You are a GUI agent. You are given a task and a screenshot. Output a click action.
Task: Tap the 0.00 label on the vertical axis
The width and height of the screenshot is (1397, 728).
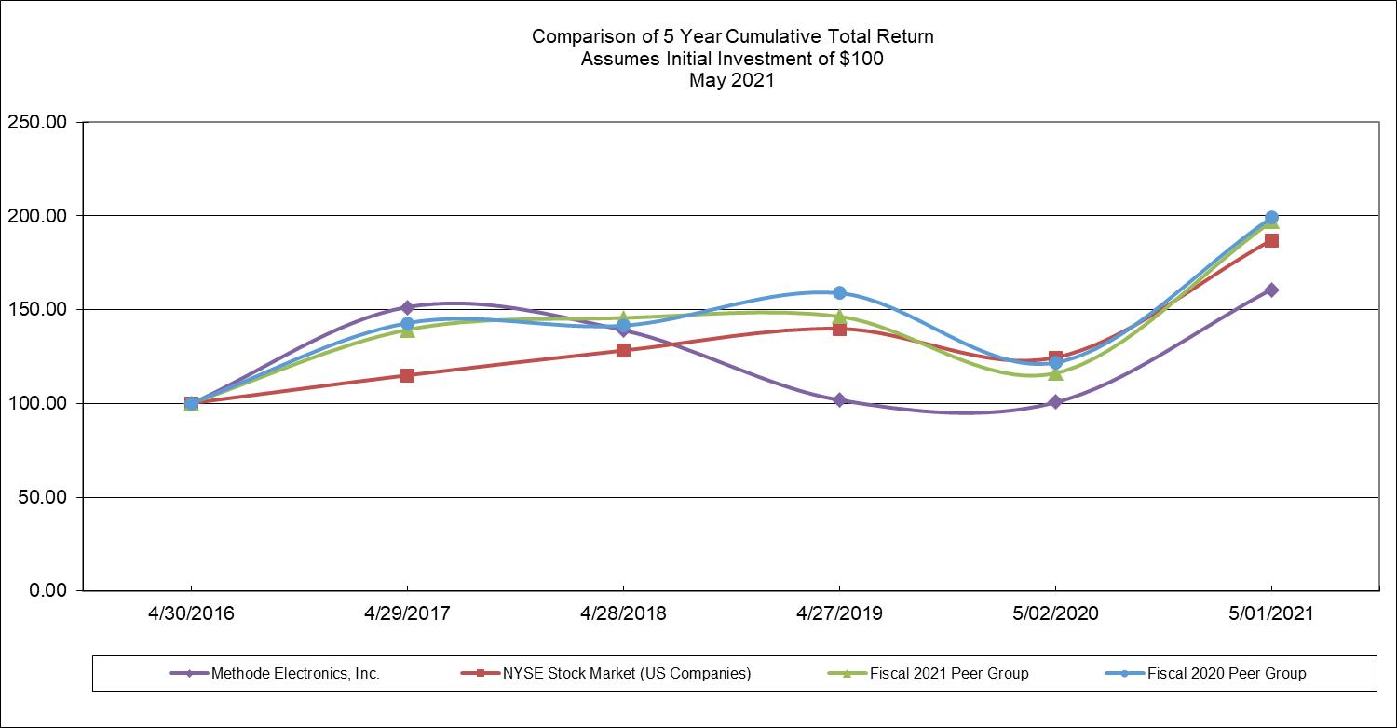47,590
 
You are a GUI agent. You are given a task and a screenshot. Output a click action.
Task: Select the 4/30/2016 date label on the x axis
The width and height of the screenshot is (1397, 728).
191,613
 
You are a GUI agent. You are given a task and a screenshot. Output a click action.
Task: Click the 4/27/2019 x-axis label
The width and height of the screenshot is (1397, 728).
839,613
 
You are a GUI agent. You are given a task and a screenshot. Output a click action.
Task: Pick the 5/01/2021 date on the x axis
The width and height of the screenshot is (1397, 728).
1271,613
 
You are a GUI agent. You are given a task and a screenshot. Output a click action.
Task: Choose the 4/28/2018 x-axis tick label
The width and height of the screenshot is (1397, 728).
623,613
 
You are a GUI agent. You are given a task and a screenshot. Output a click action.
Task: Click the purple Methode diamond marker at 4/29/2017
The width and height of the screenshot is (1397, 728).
407,306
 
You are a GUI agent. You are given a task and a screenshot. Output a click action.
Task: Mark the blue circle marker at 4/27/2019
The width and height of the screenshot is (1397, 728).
839,292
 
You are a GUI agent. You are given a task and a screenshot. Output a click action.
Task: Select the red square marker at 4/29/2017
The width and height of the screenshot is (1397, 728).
407,375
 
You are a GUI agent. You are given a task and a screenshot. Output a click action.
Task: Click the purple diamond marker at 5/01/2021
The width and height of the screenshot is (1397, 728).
1271,290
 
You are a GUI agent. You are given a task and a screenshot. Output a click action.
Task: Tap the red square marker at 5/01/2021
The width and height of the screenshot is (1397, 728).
1271,240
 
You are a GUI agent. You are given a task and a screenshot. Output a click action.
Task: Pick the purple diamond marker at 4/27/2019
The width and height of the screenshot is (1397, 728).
839,400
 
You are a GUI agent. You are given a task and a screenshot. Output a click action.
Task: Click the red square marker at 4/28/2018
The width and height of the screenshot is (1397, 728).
623,350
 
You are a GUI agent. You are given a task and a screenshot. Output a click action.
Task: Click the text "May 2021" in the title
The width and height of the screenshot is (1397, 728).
732,81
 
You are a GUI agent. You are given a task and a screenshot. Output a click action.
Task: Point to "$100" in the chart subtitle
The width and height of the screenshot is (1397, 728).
862,59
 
